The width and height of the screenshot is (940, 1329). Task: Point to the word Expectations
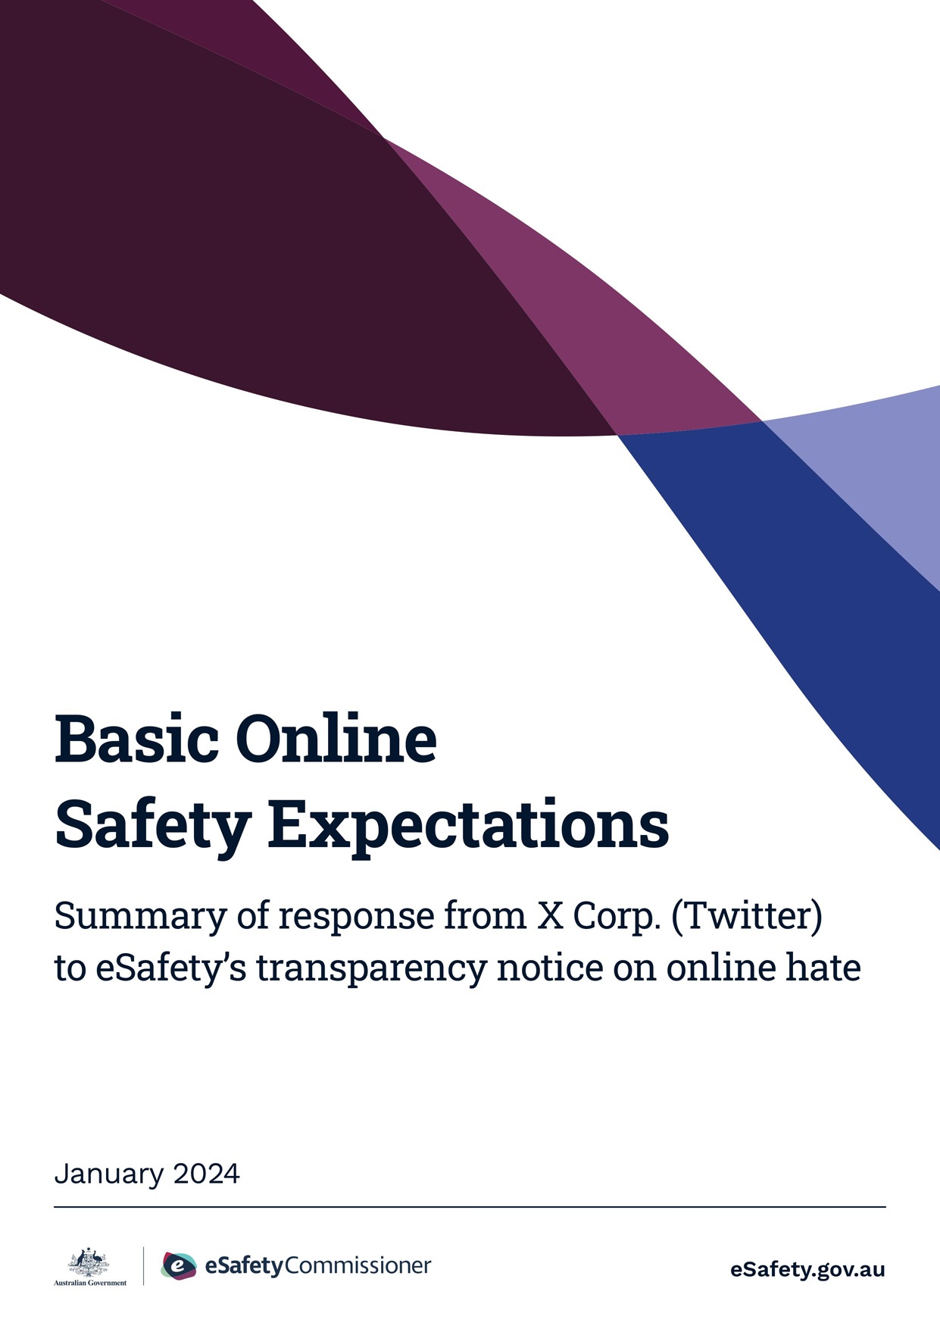tap(469, 826)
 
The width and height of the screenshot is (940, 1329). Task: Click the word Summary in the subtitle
tap(140, 917)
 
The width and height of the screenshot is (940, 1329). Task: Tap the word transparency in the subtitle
tap(370, 970)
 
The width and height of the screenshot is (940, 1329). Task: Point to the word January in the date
tap(109, 1174)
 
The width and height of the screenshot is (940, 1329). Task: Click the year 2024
tap(206, 1174)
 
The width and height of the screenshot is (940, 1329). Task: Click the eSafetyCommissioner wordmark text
tap(317, 1265)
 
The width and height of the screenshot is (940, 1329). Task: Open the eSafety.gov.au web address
tap(807, 1269)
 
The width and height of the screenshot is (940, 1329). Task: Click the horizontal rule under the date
tap(470, 1206)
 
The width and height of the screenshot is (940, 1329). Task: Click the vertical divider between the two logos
tap(144, 1266)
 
